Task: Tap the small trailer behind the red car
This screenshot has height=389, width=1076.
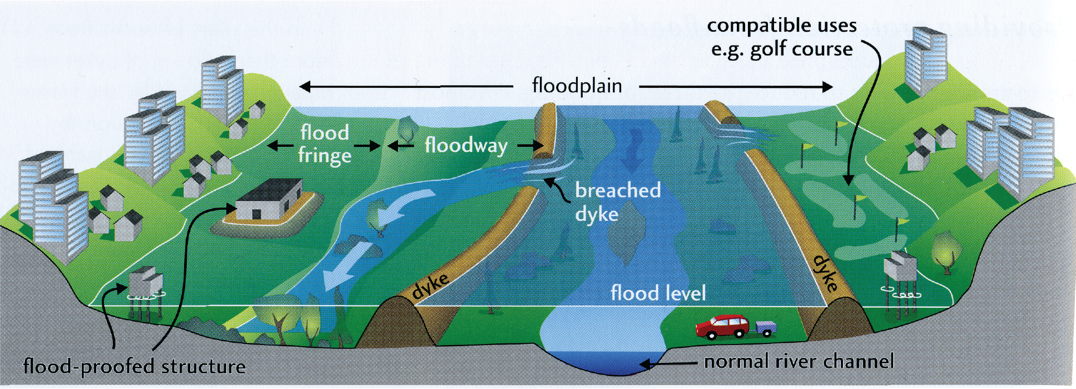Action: tap(765, 328)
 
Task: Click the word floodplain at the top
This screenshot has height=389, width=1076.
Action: tap(577, 86)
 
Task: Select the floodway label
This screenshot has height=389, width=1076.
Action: tap(466, 146)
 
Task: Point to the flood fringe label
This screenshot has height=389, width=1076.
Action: tap(325, 144)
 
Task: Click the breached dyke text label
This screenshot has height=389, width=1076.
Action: tap(617, 202)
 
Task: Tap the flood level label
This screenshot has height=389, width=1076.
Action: tap(658, 293)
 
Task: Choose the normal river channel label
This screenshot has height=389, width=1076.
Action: tap(799, 362)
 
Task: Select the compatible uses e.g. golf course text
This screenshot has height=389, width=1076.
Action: tap(782, 37)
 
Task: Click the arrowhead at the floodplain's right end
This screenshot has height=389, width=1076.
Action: tap(827, 86)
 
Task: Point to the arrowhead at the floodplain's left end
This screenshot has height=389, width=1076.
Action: tap(305, 86)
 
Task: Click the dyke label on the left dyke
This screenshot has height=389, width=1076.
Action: tap(430, 285)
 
